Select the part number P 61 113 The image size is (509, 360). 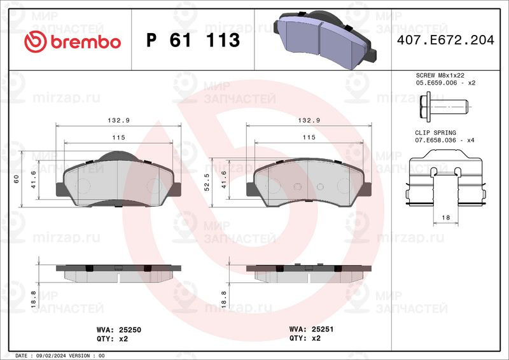[193, 40]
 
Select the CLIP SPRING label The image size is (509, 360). [436, 132]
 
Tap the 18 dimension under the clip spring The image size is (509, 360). [445, 218]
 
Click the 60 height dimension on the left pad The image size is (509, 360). [16, 179]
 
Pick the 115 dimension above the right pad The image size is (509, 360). [309, 137]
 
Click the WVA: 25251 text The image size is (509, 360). [312, 330]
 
